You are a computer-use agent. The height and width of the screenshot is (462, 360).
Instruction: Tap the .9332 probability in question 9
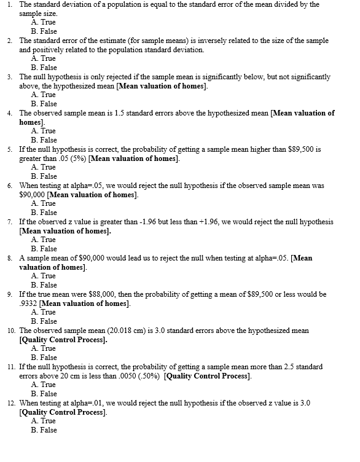coord(28,303)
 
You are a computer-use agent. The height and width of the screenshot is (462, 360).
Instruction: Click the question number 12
coord(10,403)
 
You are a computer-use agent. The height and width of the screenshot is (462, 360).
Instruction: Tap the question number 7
coord(10,222)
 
